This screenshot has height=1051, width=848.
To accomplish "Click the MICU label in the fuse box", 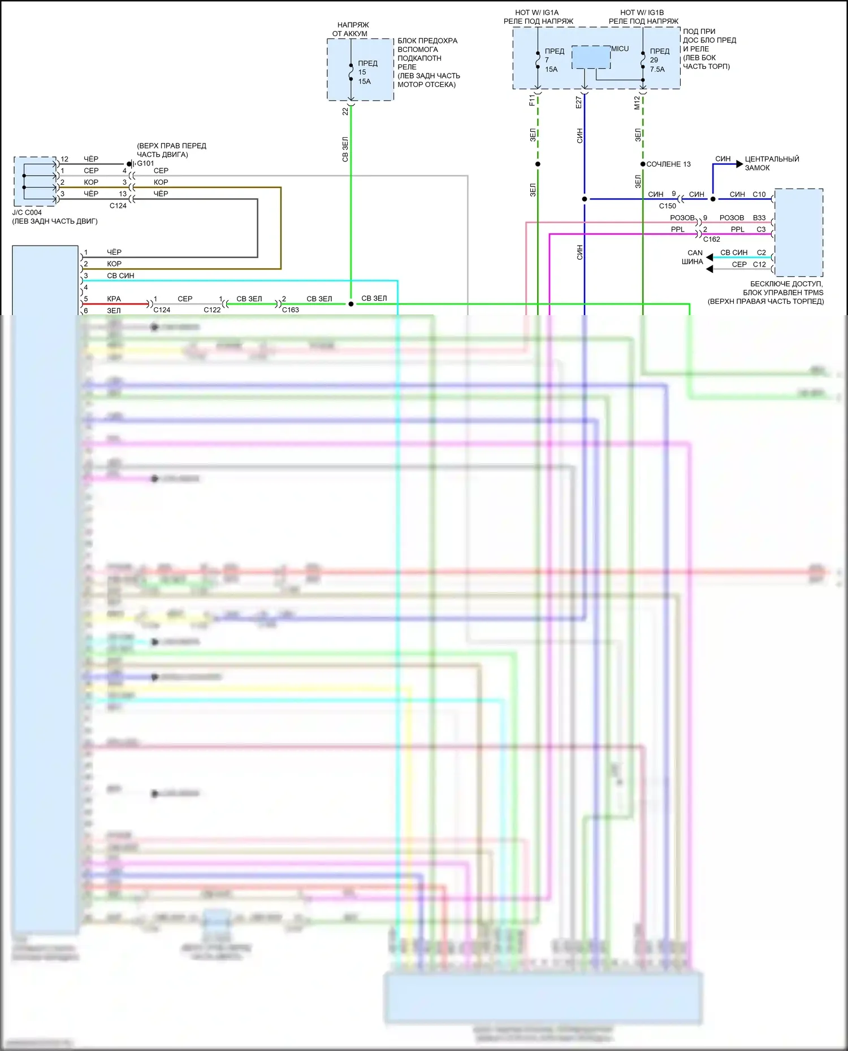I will click(620, 49).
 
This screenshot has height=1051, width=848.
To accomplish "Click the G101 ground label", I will click(145, 163).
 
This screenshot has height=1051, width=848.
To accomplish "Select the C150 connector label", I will click(667, 206).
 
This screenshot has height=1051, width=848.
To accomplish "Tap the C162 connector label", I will click(711, 239).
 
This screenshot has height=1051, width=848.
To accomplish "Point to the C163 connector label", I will click(290, 310).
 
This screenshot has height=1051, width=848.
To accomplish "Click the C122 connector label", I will click(212, 310).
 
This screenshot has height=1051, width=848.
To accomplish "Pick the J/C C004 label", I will click(27, 213).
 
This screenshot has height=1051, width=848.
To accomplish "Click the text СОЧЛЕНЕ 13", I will click(668, 164).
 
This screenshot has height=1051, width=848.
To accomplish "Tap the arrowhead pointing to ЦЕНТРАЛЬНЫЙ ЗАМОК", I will click(739, 164).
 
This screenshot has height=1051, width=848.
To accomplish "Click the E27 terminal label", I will click(578, 102).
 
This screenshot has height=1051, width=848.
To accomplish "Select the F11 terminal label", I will click(531, 101).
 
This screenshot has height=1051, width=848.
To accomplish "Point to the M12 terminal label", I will click(637, 102).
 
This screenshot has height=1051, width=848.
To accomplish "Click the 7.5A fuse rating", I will click(657, 69).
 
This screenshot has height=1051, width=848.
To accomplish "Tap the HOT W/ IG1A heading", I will click(537, 12).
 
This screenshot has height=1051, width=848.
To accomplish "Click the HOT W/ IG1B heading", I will click(642, 12).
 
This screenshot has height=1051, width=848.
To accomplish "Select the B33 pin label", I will click(759, 218).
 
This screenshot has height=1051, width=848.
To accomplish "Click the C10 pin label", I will click(759, 194).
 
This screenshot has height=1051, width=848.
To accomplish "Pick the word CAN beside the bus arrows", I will click(695, 253).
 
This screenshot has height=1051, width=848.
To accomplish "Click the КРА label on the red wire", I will click(114, 299).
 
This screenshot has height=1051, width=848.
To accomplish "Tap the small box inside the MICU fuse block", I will click(591, 58).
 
